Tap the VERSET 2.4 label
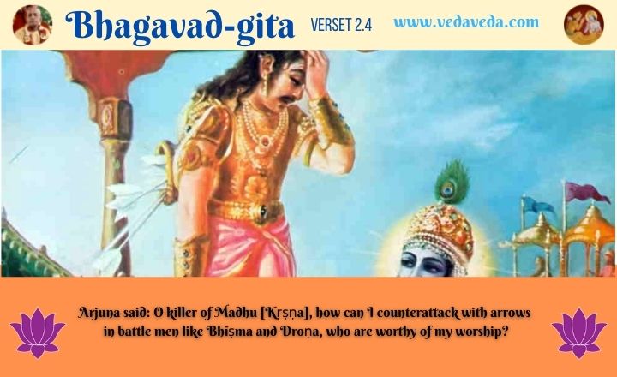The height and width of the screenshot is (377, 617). coord(341,25)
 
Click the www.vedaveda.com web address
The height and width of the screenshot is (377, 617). coord(466,22)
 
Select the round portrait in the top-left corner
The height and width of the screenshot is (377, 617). coord(33,24)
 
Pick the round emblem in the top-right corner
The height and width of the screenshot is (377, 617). coord(584,24)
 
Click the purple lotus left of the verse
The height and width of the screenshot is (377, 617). coord(38,332)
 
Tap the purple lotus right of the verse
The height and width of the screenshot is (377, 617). coord(578,332)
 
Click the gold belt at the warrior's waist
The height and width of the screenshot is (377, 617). coord(246,211)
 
